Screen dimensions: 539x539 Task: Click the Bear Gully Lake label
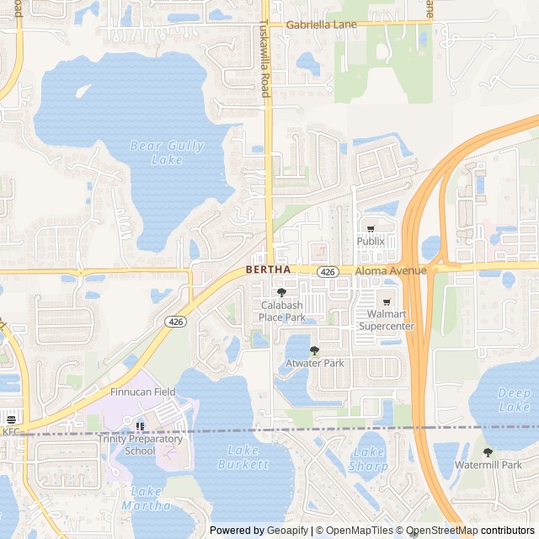168,152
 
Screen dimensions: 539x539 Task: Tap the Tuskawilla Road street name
264,57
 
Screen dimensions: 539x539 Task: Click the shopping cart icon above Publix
370,228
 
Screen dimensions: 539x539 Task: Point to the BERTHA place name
268,269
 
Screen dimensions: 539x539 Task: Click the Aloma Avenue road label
391,270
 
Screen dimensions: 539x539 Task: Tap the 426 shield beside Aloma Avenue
328,271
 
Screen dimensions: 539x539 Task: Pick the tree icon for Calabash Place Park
281,291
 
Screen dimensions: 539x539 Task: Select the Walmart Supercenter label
387,320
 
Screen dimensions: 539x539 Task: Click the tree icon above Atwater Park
314,350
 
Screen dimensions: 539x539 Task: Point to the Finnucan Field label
142,392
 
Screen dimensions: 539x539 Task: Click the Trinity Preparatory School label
140,445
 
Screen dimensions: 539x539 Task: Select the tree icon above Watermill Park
488,452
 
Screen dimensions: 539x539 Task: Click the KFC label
10,431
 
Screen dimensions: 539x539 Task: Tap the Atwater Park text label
315,363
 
